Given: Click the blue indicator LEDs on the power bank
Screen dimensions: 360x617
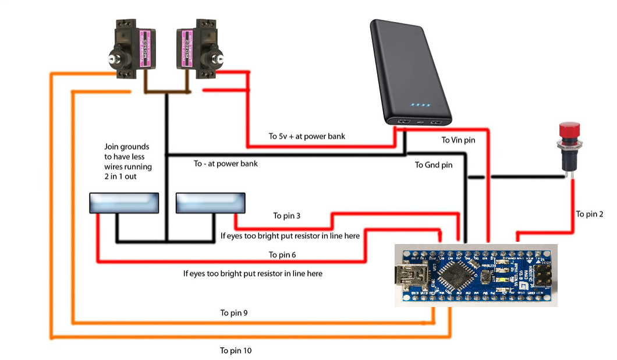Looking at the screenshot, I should [x=420, y=105].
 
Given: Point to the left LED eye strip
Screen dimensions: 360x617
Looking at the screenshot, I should [x=124, y=203].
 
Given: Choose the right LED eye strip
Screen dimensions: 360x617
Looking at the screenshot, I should [x=210, y=203].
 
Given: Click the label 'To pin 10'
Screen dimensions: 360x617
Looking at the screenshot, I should [x=236, y=351].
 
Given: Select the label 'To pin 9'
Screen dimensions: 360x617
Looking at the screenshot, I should [x=234, y=313].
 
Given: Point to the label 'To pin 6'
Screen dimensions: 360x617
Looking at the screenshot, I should [x=282, y=255].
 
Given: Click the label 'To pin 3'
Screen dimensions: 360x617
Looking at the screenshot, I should [x=287, y=216].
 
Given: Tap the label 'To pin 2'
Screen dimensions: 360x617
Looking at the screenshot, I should [x=590, y=214].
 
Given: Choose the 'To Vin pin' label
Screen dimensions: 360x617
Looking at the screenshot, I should [x=458, y=140].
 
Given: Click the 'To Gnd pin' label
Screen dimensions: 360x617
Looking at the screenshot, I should [x=433, y=165].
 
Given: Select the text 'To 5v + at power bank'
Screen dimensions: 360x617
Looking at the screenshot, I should [x=307, y=136].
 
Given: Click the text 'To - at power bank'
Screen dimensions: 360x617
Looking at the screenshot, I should [x=226, y=164].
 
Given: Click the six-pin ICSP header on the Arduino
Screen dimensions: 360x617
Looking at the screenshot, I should [x=545, y=274].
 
